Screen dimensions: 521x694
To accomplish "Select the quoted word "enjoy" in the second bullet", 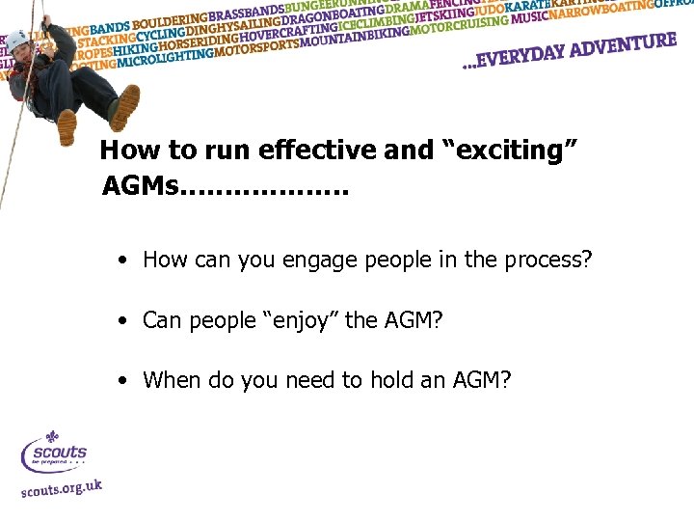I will pos(295,319).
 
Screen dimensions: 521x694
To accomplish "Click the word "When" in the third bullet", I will pos(169,380).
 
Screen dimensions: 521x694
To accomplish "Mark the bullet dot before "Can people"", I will pos(123,320).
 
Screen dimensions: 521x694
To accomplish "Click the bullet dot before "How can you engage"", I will pos(123,260).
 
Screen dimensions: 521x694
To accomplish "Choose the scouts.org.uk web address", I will pos(60,489).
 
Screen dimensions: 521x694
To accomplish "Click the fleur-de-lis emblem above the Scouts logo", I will pos(53,438).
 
